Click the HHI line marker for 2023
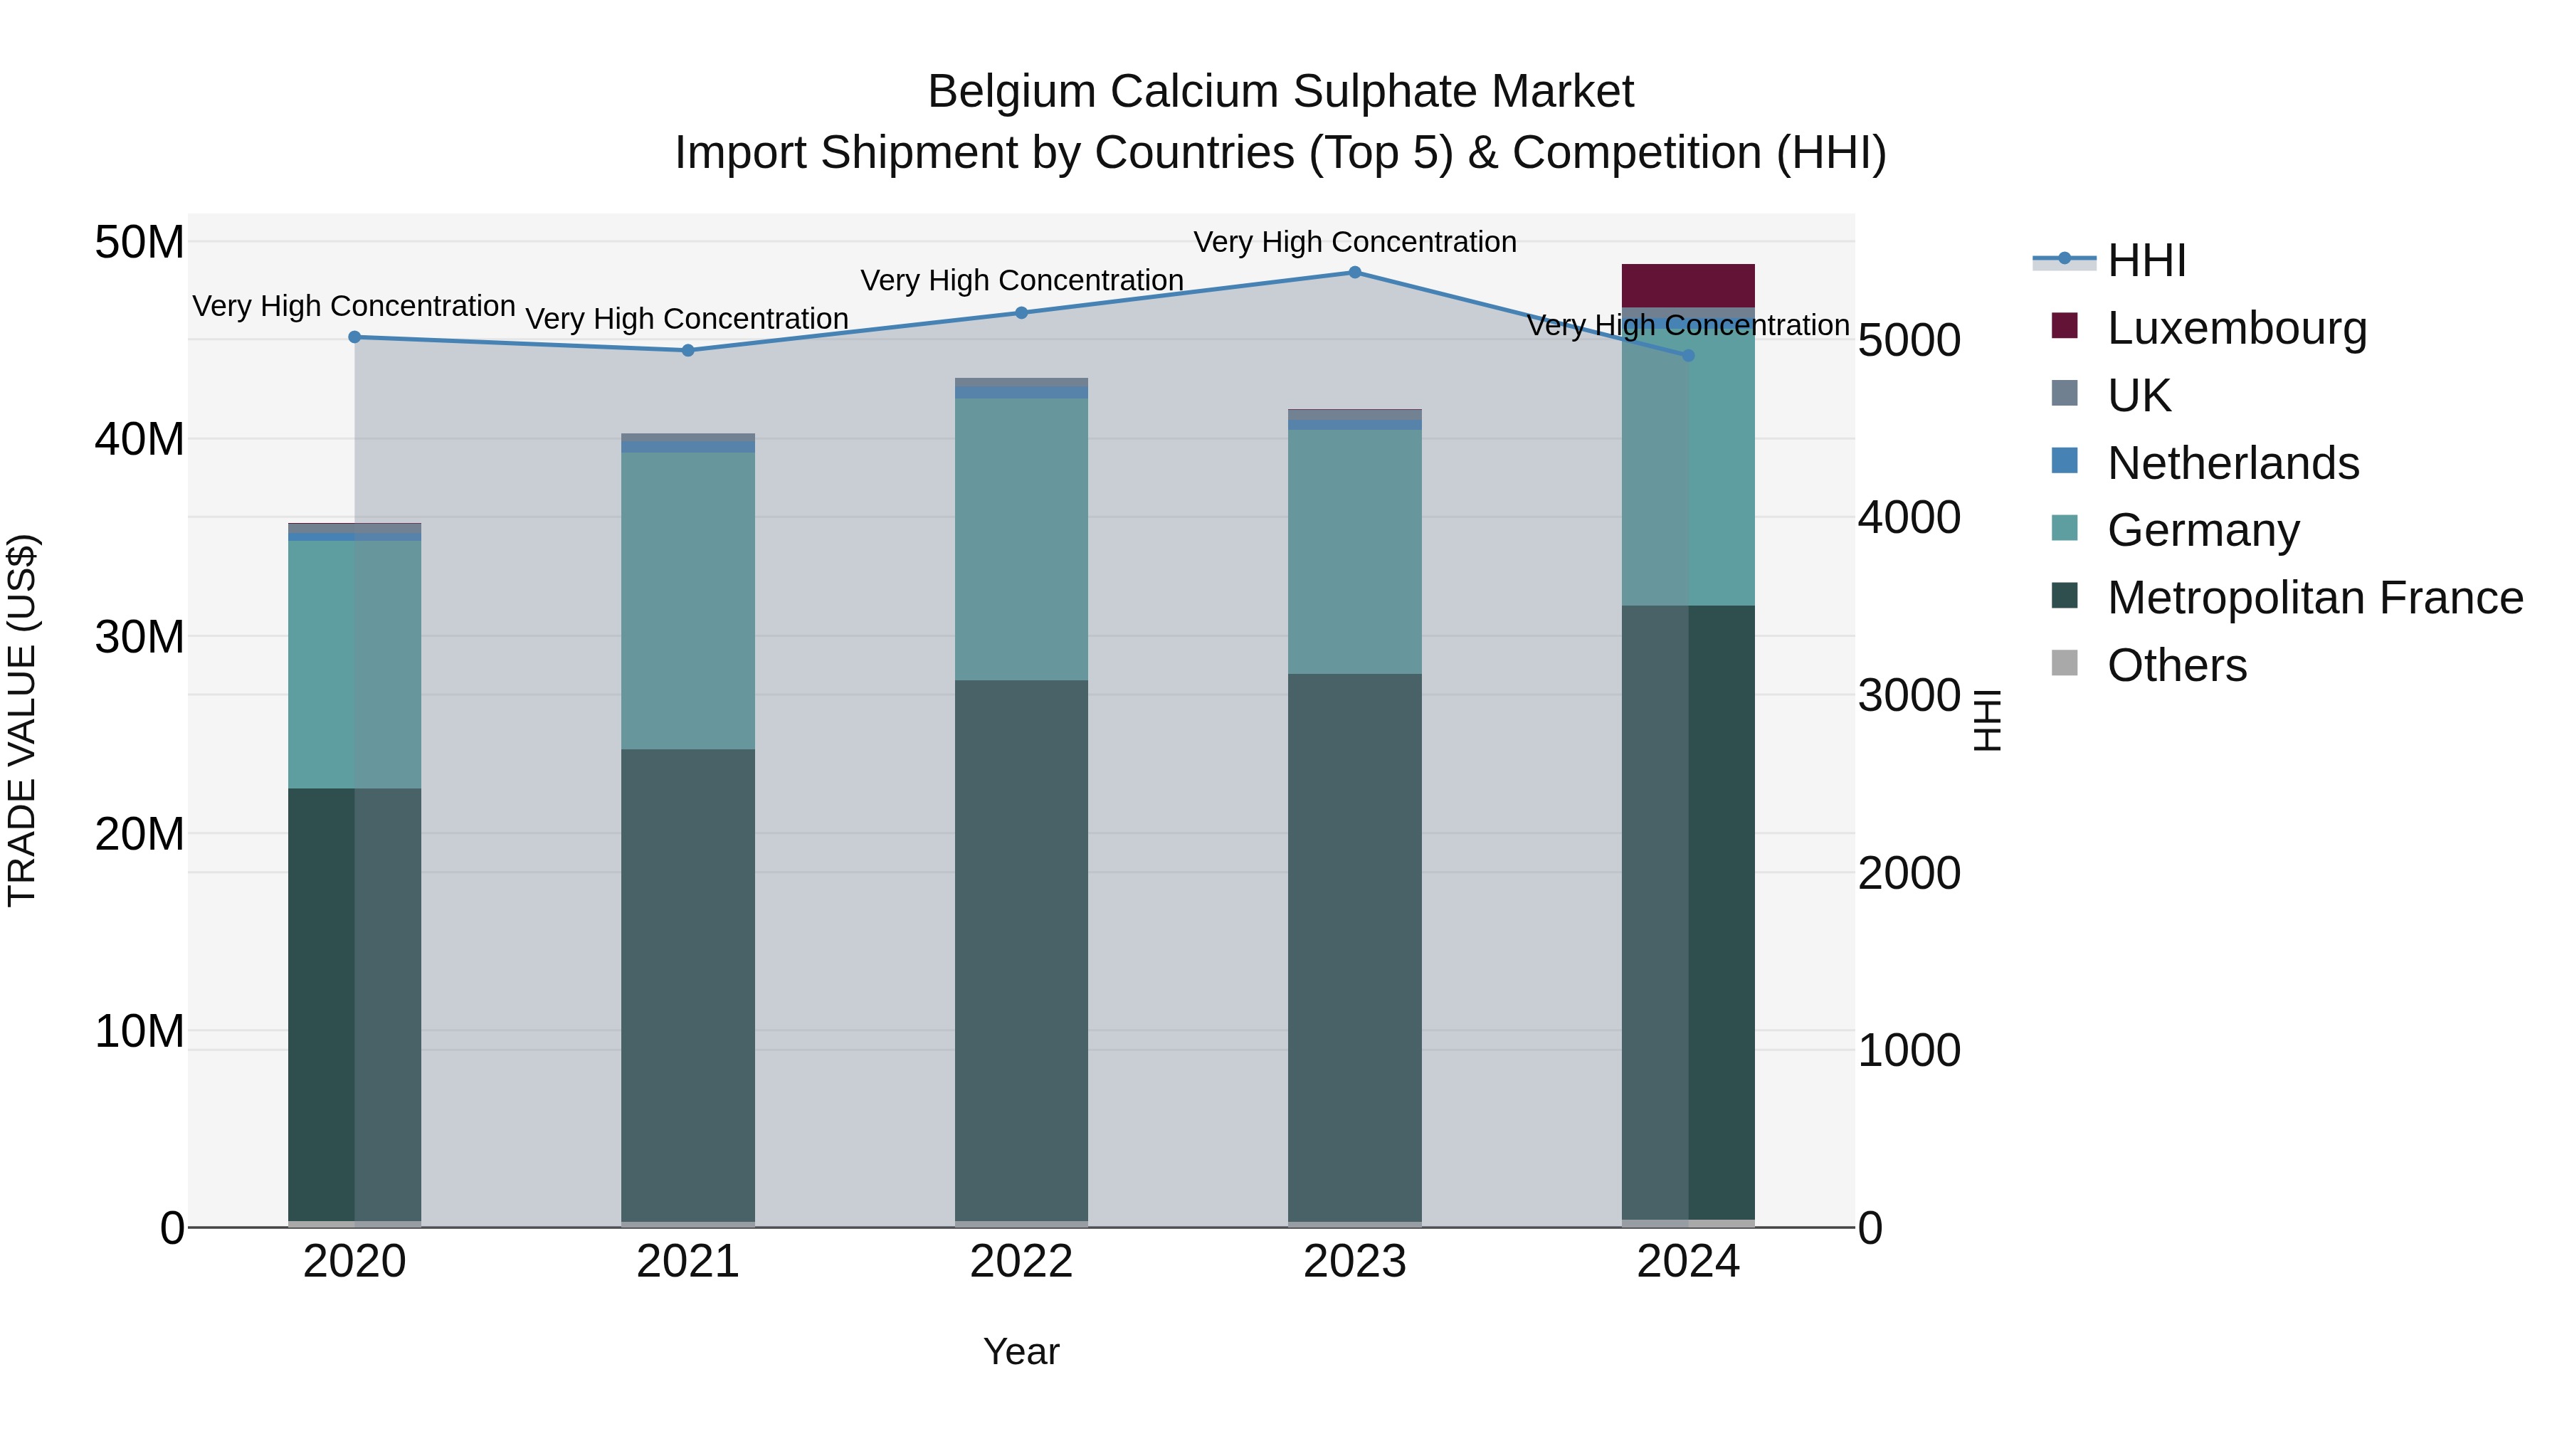[1354, 273]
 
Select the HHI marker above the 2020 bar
[355, 337]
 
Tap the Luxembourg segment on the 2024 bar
[1688, 286]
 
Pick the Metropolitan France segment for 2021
[688, 985]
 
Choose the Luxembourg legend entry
[2236, 328]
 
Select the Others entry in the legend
[2176, 665]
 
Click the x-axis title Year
[1021, 1351]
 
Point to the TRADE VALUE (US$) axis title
[22, 720]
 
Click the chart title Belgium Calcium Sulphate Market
[1280, 92]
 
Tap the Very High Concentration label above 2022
[1021, 280]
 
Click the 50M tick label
[139, 243]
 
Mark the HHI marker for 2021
[688, 350]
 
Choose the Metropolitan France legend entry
[2314, 598]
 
